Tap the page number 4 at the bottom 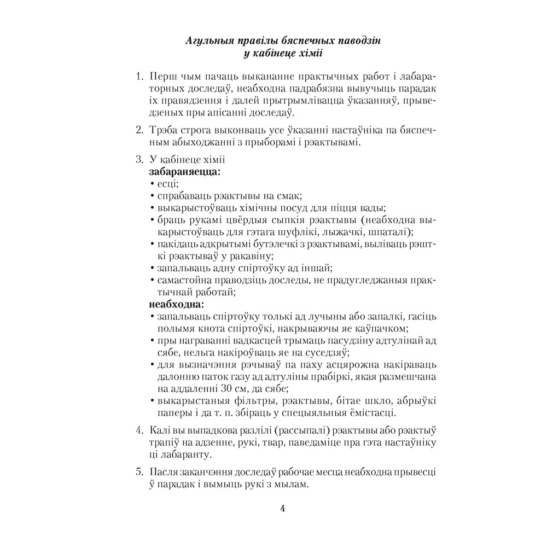[283, 508]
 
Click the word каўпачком [381, 328]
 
